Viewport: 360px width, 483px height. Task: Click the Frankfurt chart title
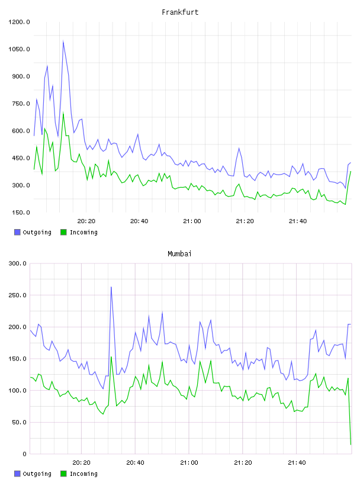(180, 12)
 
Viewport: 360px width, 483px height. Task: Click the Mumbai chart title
(179, 254)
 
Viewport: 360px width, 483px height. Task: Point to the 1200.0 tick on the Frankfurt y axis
(19, 22)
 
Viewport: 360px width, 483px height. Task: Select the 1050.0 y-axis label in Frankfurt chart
(19, 49)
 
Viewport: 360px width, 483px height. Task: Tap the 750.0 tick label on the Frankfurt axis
(21, 104)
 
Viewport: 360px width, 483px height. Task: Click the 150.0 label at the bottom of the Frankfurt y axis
(21, 212)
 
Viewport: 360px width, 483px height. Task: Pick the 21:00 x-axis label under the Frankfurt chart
(192, 221)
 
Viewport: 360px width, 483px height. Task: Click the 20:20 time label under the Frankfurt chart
(86, 221)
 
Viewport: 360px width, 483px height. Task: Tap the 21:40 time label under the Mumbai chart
(297, 463)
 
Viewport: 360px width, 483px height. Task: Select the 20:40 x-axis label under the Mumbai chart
(136, 463)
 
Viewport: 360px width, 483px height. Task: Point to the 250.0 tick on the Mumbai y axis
(18, 295)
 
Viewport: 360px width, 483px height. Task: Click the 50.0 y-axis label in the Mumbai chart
(19, 422)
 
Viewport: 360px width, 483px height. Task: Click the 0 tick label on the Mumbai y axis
(24, 454)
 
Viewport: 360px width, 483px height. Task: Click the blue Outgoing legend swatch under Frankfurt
(17, 232)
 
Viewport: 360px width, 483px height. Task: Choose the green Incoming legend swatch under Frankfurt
(63, 232)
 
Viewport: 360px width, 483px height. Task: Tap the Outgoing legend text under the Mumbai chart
(37, 474)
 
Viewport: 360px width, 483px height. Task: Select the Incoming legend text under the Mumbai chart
(83, 474)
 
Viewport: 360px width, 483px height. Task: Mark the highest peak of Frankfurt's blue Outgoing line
(63, 41)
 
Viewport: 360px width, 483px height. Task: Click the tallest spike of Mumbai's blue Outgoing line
(111, 287)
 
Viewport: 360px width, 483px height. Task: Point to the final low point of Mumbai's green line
(351, 445)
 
